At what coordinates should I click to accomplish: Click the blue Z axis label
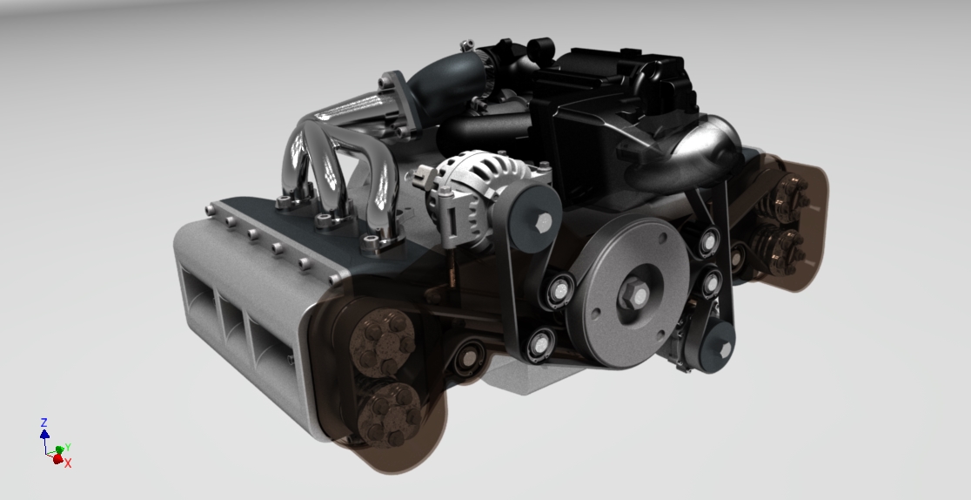point(44,422)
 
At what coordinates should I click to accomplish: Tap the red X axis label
point(68,463)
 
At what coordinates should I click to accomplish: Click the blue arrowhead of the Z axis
point(44,433)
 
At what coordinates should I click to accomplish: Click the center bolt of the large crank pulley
point(633,294)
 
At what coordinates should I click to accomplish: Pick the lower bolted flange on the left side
point(388,414)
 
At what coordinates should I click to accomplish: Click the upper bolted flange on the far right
point(788,196)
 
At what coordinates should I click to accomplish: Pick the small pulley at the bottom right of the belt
point(721,350)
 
